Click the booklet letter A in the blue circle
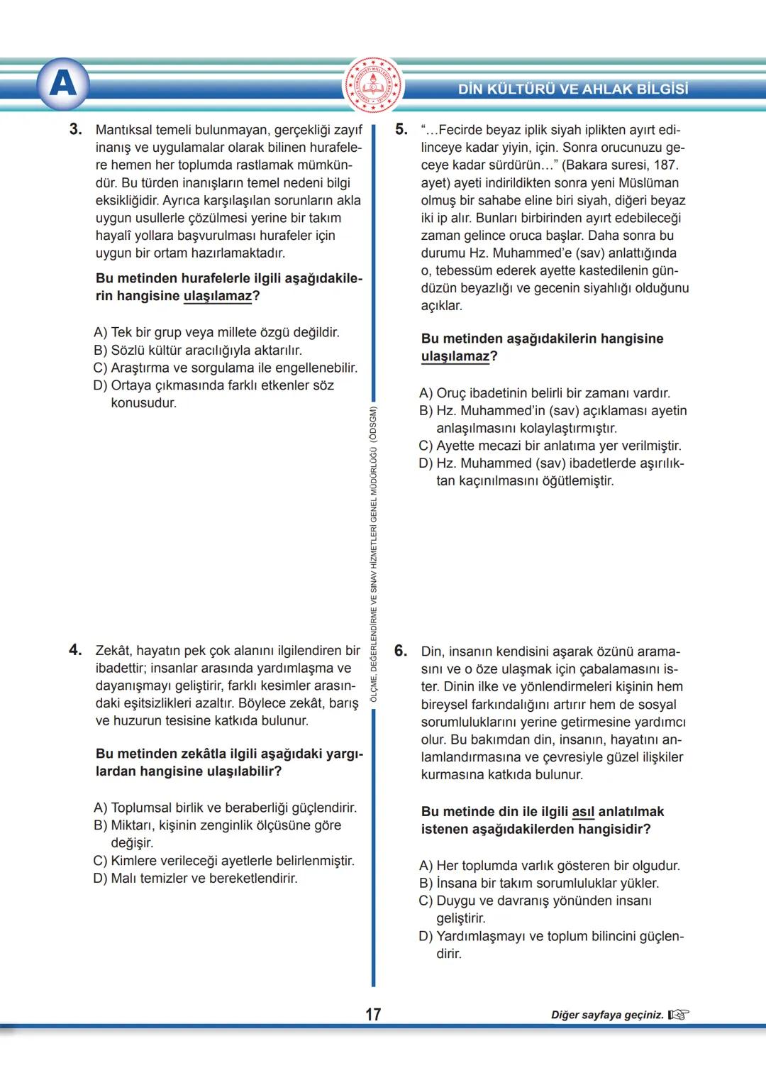coord(63,84)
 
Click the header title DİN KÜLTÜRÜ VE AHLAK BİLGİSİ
coord(573,89)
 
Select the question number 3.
coord(75,129)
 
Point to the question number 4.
coord(75,650)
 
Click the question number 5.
coord(401,129)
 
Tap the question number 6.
coord(401,651)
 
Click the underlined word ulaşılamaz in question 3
coord(217,296)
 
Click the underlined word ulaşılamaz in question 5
coord(455,356)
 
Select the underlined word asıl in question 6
coord(583,812)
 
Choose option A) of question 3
coord(216,332)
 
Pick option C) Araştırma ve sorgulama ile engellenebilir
coord(226,368)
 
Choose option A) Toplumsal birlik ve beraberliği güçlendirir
coord(226,808)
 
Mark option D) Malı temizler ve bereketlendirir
coord(196,878)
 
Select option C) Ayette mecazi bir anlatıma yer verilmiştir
coord(550,446)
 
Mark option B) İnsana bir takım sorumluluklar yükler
coord(539,883)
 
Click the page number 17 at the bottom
coord(373,1014)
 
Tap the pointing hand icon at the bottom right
coord(678,1015)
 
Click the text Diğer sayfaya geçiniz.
coord(607,1015)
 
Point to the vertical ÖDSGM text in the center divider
coord(374,554)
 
